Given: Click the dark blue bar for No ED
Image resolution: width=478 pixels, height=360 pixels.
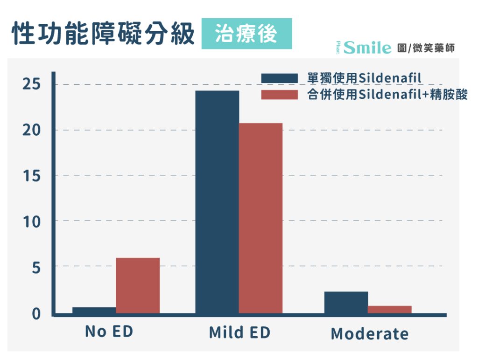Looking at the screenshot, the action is point(94,310).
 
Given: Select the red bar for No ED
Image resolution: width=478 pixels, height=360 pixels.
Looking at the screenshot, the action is point(138,285).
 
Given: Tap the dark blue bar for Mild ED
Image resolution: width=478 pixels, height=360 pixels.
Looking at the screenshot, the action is point(218,202).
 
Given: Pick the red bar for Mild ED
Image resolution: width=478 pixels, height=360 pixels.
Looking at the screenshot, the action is point(261,218).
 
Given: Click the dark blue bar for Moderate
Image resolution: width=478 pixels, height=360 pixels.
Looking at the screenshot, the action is point(346,303).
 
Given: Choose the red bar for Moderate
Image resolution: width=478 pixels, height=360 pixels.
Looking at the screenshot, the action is point(390,310).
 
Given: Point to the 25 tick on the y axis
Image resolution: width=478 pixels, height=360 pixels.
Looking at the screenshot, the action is point(31,84).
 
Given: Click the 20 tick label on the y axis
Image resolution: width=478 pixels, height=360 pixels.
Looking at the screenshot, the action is point(31,130).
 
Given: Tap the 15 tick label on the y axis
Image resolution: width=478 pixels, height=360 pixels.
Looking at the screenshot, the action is point(31,176).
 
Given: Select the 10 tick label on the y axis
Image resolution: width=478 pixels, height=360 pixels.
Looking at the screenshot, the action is point(31,222).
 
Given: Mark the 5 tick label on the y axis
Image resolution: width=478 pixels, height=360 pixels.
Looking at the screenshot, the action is point(36,268).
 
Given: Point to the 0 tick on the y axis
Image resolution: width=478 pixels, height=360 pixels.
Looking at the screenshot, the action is point(36,314).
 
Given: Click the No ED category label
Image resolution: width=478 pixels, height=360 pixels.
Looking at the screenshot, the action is point(109,331).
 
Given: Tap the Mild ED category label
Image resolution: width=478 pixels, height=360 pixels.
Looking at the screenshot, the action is point(239,332).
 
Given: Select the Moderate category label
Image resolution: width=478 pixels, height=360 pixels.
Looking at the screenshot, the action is point(370,333).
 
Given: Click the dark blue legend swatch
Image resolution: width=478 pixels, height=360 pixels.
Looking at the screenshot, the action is point(280,78).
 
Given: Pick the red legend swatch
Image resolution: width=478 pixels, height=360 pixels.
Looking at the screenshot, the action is point(280,95).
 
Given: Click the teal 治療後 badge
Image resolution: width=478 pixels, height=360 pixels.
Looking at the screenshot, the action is point(246,34).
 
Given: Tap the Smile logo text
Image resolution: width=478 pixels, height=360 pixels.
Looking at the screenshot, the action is point(367,48).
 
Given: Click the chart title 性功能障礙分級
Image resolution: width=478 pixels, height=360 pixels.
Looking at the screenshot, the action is point(103,34).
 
